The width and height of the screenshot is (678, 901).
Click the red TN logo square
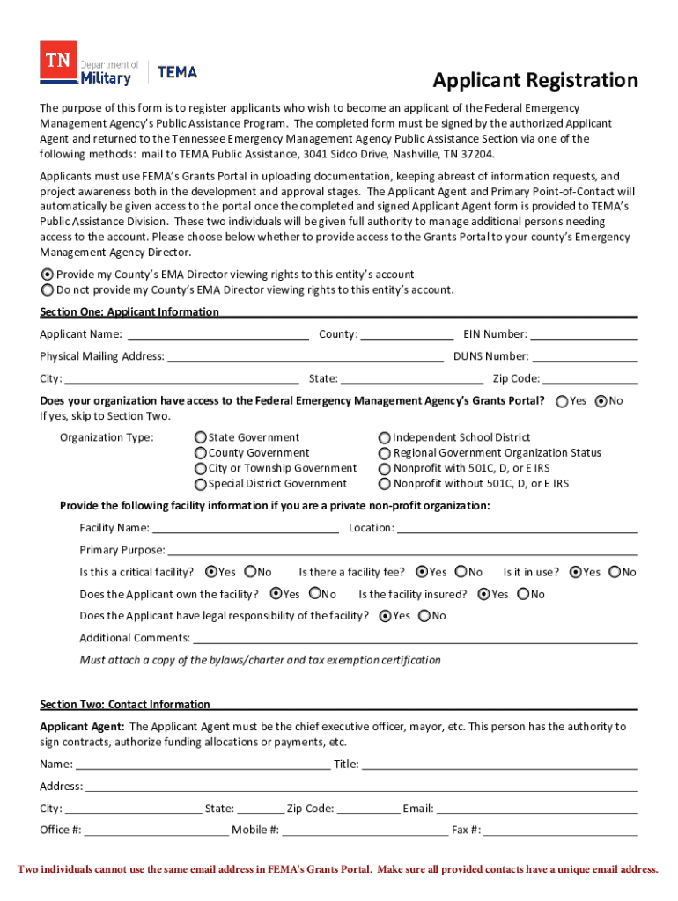(58, 60)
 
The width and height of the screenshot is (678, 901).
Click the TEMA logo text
(177, 72)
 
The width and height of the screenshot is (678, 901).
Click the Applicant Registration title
(535, 81)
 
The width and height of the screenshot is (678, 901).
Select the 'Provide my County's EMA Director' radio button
(48, 275)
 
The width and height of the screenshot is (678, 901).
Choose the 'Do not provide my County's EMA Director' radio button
(48, 289)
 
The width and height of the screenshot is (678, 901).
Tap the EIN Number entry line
(584, 335)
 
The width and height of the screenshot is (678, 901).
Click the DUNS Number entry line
(585, 357)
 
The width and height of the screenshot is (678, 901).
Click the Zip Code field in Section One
(590, 379)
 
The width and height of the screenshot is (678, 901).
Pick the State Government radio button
(201, 437)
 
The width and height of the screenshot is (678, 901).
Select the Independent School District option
(385, 437)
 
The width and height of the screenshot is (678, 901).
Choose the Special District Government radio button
(201, 484)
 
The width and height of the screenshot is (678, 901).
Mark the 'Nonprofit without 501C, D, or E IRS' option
(385, 484)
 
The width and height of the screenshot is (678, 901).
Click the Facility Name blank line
(246, 529)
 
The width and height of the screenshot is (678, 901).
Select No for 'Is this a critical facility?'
(250, 572)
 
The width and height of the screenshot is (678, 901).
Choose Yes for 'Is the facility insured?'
(484, 594)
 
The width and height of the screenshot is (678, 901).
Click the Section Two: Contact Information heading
(125, 704)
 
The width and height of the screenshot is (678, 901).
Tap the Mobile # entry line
(365, 831)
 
